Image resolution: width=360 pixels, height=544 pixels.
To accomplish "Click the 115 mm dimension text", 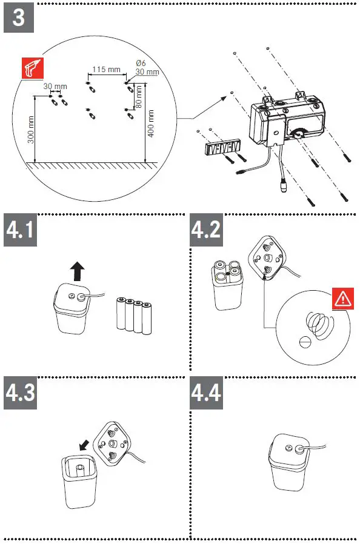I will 107,70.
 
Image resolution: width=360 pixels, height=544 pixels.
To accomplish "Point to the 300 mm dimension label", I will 31,130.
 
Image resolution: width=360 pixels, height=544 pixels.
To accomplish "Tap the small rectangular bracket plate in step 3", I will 222,148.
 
